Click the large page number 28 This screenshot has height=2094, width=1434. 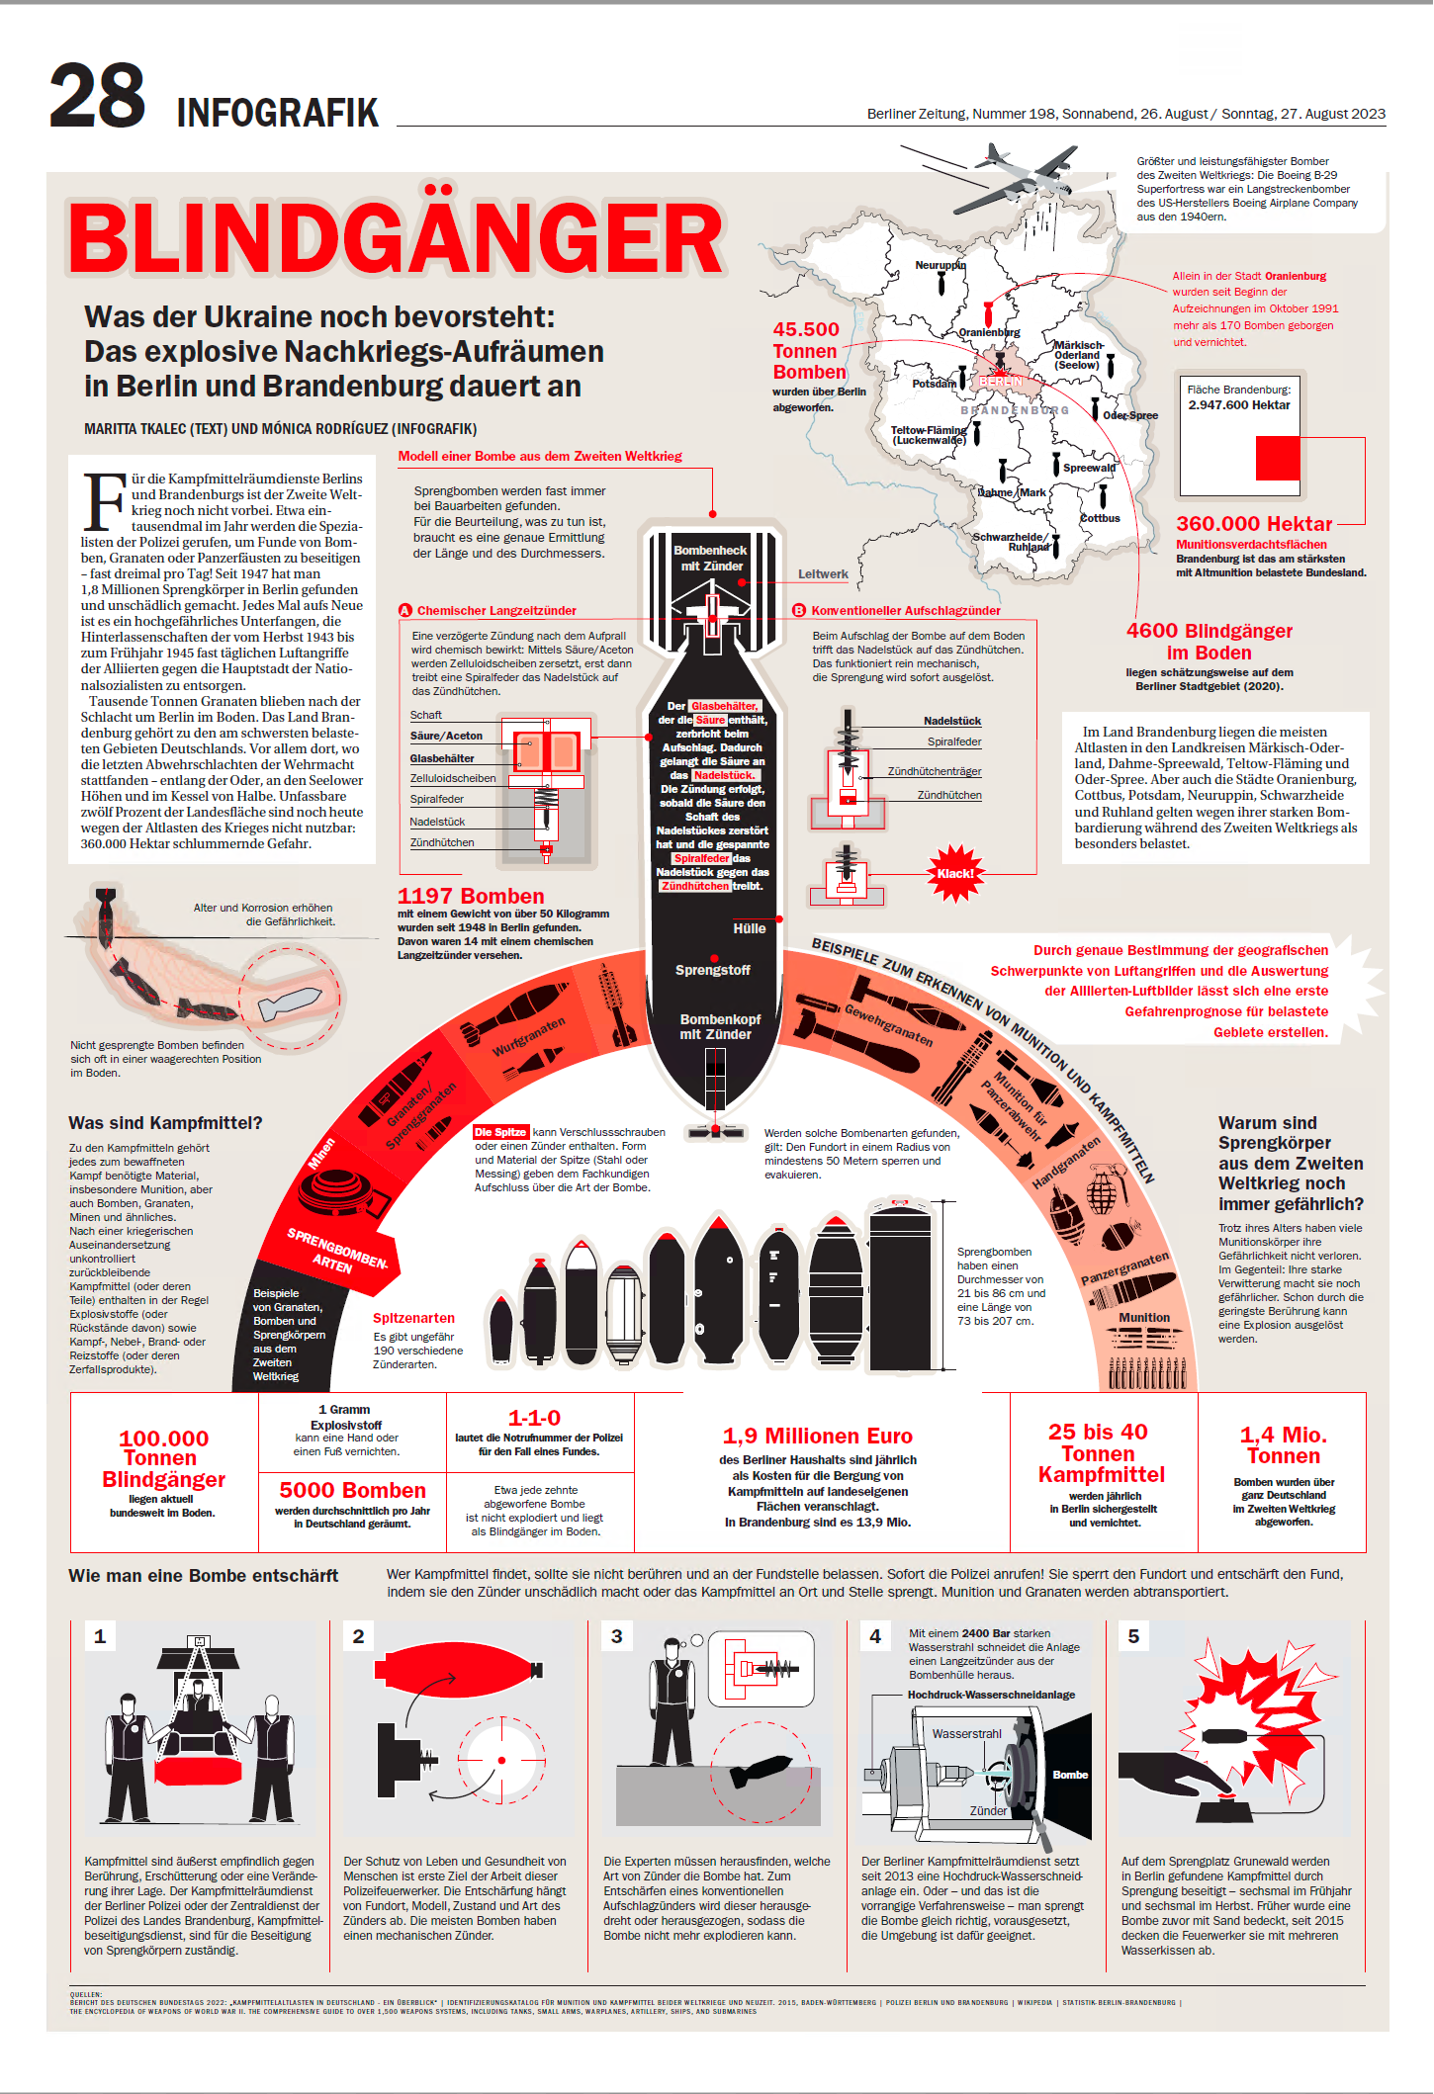tap(97, 96)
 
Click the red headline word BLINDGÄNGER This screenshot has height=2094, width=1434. tap(396, 240)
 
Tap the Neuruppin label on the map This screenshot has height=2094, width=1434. tap(940, 265)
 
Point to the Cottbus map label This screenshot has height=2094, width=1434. tap(1100, 518)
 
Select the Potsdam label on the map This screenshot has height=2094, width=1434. tap(933, 384)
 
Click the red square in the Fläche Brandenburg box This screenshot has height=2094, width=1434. tap(1277, 459)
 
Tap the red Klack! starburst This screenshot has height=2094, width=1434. tap(954, 873)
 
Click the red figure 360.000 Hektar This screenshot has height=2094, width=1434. tap(1253, 524)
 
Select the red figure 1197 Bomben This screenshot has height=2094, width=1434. tap(471, 896)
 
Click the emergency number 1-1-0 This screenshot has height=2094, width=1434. tap(534, 1418)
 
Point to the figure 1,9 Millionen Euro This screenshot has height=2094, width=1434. tap(817, 1436)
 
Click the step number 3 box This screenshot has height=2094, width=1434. tap(617, 1636)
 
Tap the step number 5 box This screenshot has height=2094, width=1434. tap(1133, 1636)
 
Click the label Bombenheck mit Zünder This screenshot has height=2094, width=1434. tap(710, 559)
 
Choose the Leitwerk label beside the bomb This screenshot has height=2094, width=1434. tap(823, 574)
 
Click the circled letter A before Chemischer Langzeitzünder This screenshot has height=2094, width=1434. tap(404, 611)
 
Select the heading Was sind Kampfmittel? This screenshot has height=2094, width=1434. tap(165, 1123)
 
